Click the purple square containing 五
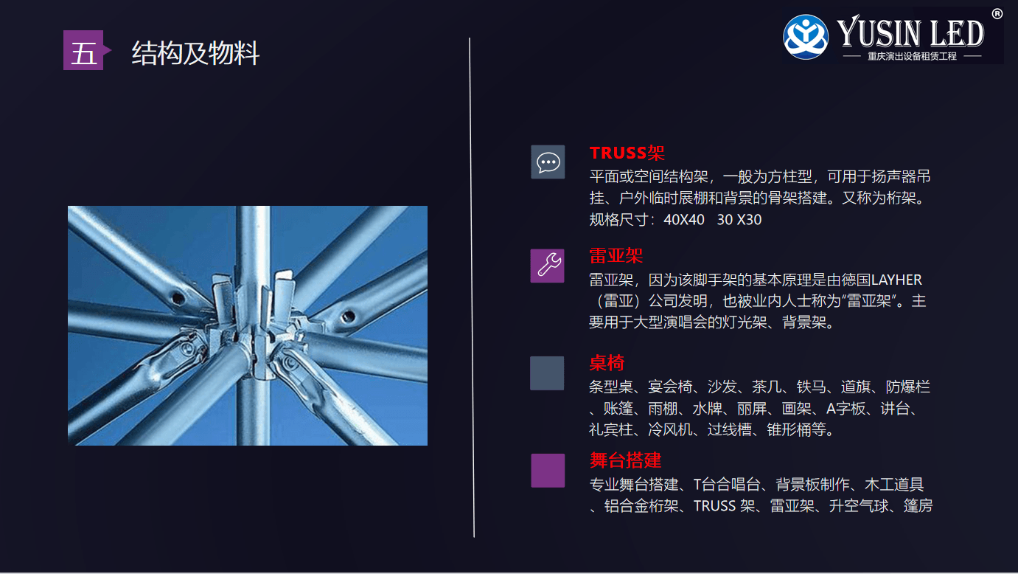coord(83,50)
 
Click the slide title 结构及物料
coord(195,53)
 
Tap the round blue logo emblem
coord(806,37)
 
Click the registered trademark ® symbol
coord(997,14)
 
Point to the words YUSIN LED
coord(910,32)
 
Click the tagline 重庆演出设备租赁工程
coord(912,56)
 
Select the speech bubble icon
coord(548,162)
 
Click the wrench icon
coord(548,266)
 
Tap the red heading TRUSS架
coord(627,153)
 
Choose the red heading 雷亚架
coord(616,255)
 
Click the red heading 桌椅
coord(607,363)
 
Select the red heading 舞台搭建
coord(625,460)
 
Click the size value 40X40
coord(684,220)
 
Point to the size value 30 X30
coord(739,220)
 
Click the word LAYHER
coord(896,280)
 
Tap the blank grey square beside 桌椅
coord(547,373)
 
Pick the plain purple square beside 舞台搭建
coord(548,470)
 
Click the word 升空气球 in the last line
coord(859,506)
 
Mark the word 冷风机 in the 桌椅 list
coord(670,429)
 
